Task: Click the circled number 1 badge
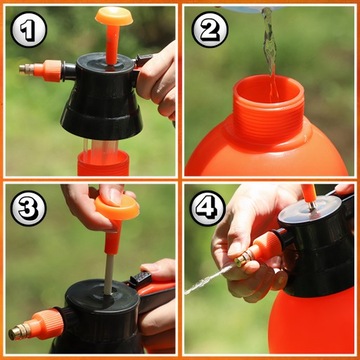point(29,29)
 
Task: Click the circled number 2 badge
point(210,29)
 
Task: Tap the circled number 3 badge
point(28,208)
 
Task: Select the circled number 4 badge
point(208,208)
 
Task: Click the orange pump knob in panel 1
point(114,16)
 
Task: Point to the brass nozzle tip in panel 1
point(27,69)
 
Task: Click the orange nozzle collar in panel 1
point(48,71)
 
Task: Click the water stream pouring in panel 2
point(270,50)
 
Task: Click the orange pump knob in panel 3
point(117,208)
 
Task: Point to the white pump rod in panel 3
point(108,274)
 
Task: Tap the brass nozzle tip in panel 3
point(17,332)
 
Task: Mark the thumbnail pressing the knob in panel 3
point(115,196)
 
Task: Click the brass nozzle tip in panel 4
point(243,259)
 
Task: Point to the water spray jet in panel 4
point(210,280)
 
